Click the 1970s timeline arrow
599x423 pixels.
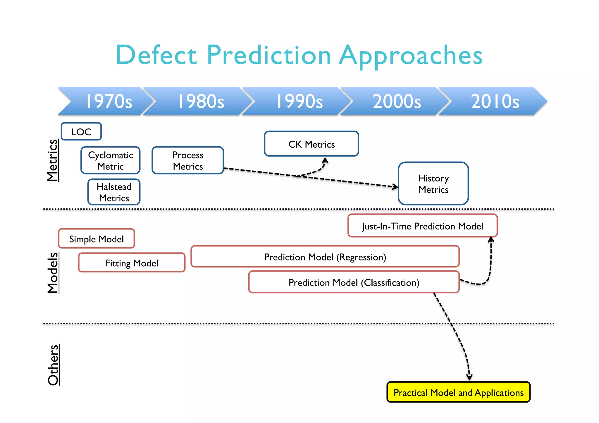click(108, 101)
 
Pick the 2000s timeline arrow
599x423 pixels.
click(397, 101)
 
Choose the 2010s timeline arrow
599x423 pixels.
click(495, 101)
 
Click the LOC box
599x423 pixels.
click(81, 132)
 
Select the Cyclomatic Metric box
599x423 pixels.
click(111, 160)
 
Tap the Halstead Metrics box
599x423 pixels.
click(114, 192)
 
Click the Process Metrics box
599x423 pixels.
click(188, 160)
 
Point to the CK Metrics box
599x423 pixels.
click(311, 144)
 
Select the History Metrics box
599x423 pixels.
click(433, 184)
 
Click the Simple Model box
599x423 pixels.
click(97, 239)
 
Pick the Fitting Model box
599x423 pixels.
click(132, 263)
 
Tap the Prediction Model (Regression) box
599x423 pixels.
click(325, 257)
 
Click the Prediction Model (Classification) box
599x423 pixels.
click(354, 282)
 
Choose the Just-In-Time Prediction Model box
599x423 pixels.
click(422, 226)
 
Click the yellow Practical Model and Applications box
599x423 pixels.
click(458, 392)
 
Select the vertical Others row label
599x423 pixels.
click(53, 365)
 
